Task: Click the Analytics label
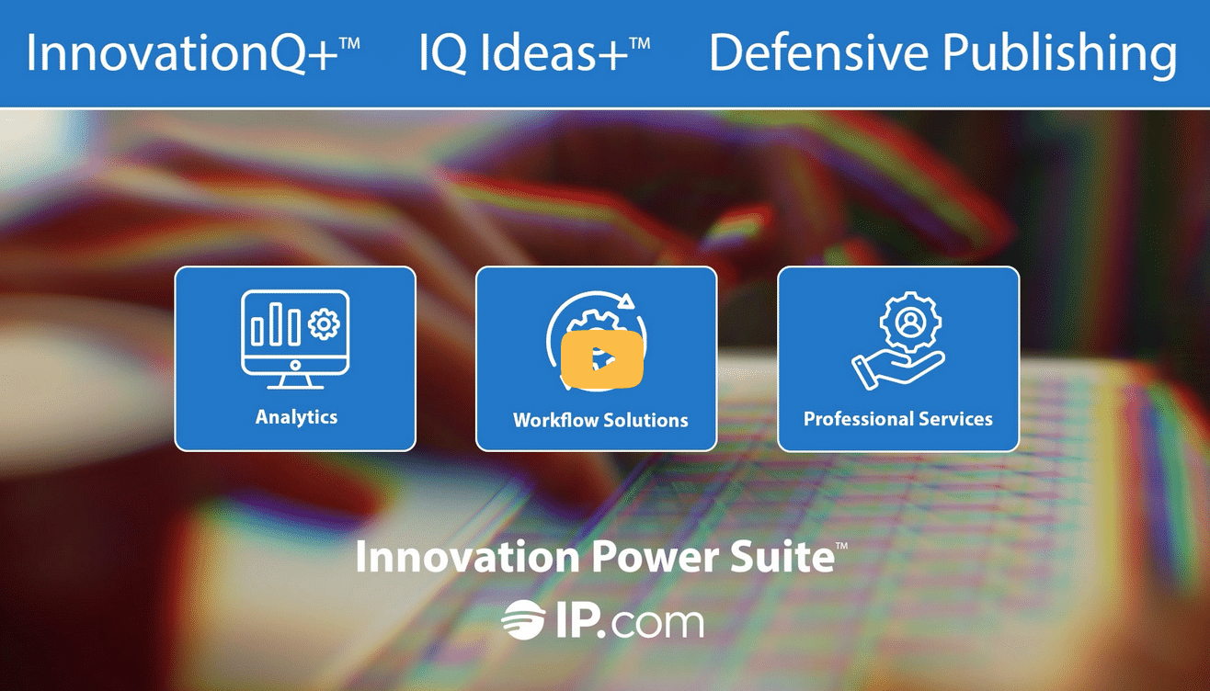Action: pyautogui.click(x=296, y=417)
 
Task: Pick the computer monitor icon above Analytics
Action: pyautogui.click(x=295, y=339)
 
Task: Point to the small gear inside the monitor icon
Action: pyautogui.click(x=324, y=323)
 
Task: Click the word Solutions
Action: pyautogui.click(x=646, y=420)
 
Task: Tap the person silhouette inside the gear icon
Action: pyautogui.click(x=911, y=322)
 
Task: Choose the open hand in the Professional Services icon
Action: pyautogui.click(x=896, y=369)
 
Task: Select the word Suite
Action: pyautogui.click(x=783, y=557)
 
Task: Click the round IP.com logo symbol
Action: pyautogui.click(x=522, y=619)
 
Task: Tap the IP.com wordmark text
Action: pyautogui.click(x=629, y=622)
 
